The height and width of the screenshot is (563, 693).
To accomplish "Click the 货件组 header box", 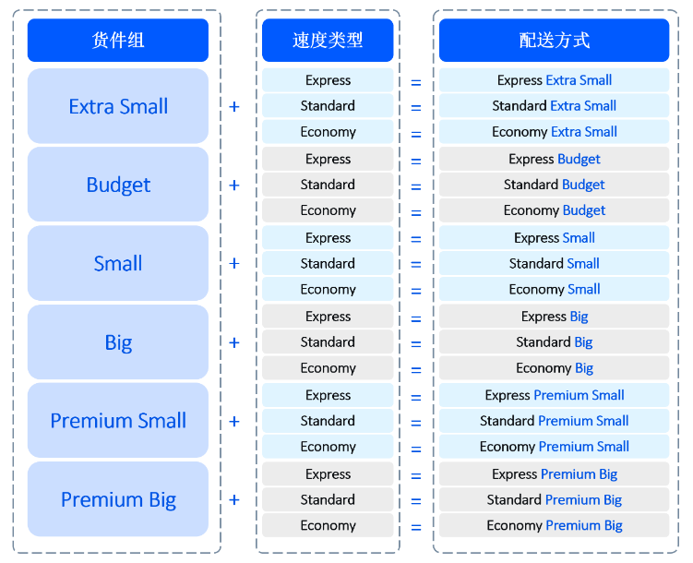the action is [118, 41].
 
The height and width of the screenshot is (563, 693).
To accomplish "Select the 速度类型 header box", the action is [328, 41].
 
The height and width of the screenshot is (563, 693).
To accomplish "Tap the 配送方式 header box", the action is [555, 41].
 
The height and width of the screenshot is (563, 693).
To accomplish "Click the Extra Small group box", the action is [118, 106].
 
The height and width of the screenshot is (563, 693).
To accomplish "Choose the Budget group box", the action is [118, 185].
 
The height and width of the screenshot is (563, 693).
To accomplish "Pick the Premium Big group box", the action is [118, 499].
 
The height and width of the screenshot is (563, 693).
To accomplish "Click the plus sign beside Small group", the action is [234, 263].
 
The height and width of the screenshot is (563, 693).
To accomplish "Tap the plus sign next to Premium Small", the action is [234, 421].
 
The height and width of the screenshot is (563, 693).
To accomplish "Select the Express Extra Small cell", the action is [555, 80].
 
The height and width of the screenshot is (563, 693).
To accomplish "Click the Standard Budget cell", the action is [555, 185].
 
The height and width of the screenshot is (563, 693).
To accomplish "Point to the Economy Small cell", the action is [555, 289].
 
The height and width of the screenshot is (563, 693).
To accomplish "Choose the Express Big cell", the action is [555, 317].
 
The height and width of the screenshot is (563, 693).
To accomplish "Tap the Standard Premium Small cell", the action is [555, 421].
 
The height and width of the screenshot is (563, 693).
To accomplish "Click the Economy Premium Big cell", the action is [555, 525].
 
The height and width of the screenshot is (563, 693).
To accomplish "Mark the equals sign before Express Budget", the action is [416, 162].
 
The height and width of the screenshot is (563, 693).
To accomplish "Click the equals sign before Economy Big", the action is [416, 370].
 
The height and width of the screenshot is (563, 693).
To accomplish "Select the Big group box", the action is [118, 342].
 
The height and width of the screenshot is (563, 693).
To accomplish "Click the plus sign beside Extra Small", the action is [234, 106].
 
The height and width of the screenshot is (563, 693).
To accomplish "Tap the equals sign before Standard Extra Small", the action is [416, 107].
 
